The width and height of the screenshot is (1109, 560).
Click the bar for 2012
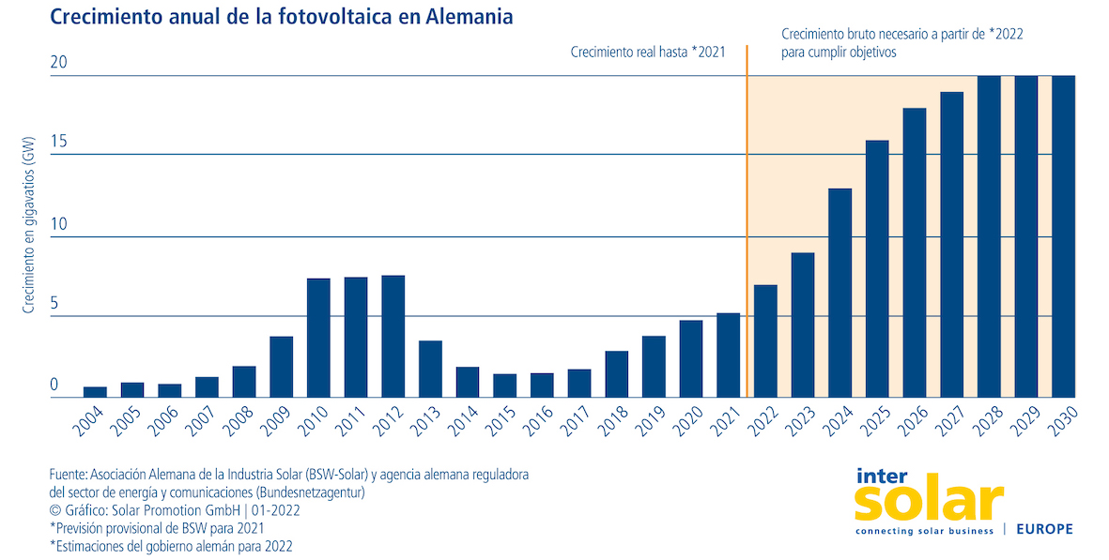(393, 336)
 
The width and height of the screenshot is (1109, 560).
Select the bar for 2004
(95, 391)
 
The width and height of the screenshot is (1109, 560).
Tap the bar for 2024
(839, 293)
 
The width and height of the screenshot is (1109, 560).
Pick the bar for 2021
(728, 355)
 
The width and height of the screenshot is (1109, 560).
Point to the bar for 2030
(1063, 236)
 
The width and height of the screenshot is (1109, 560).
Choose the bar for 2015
(504, 386)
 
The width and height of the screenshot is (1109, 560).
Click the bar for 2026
(914, 252)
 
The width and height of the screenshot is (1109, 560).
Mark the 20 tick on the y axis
(59, 63)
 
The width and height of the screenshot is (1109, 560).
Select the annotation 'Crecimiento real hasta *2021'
(648, 53)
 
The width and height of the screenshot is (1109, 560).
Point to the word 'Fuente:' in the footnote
(69, 475)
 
